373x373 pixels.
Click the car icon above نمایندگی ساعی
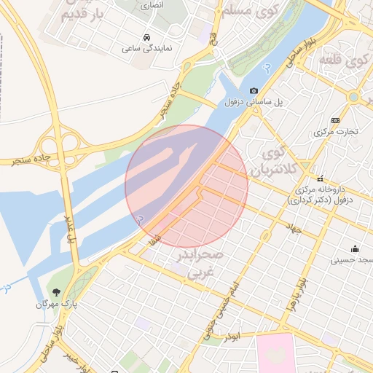click(x=148, y=36)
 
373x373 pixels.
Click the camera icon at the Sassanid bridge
click(x=254, y=90)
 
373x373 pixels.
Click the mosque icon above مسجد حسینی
click(x=355, y=248)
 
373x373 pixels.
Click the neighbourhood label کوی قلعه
click(x=356, y=63)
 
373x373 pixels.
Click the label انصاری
click(x=152, y=4)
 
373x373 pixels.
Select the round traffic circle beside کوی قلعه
click(x=354, y=96)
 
